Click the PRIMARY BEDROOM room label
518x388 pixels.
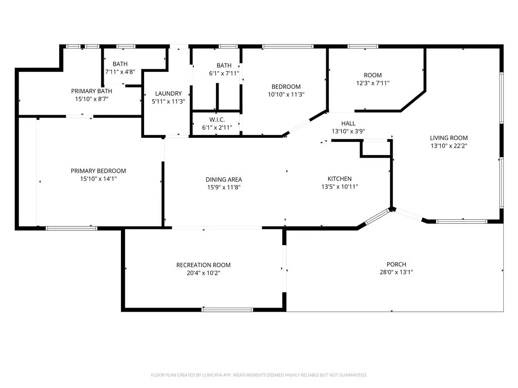98,171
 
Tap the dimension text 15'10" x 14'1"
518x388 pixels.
98,178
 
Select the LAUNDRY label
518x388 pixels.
168,93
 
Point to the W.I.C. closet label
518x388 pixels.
217,120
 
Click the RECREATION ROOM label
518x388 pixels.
203,265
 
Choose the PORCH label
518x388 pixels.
396,264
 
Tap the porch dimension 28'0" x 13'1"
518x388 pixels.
396,272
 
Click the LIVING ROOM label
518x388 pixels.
449,138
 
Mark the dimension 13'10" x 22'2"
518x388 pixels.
449,146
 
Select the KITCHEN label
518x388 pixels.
339,179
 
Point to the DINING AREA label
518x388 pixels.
224,179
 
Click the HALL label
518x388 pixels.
348,123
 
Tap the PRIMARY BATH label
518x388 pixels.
92,91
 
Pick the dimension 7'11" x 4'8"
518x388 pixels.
120,72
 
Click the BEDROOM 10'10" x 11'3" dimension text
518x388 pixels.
286,94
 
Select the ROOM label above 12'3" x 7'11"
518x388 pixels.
373,75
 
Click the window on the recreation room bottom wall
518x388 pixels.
227,309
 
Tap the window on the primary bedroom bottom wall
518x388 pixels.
71,228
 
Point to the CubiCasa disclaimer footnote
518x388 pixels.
259,375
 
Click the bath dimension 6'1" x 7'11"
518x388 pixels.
224,74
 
